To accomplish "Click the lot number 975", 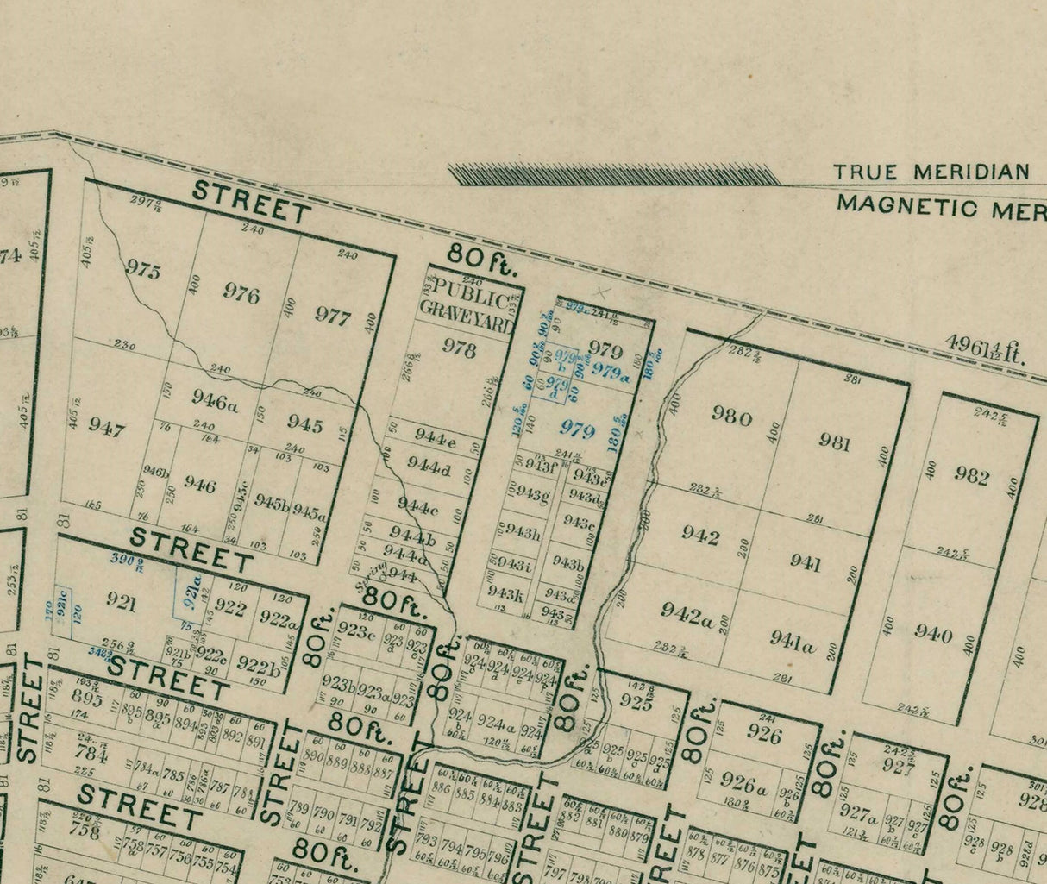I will point(143,271).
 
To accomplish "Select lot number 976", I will point(241,294).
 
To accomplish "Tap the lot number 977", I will point(333,317).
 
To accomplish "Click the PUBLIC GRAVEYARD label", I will point(467,305).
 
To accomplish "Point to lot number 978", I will point(459,348).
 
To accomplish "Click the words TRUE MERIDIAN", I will point(931,172).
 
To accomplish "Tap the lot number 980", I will point(731,415).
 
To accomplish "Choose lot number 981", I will point(835,442).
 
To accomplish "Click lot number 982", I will point(971,475).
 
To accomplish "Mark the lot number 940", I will point(933,635).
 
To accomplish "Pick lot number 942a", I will point(687,613).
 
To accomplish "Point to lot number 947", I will point(107,429).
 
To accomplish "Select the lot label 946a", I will point(214,400).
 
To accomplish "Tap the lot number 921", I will point(121,602).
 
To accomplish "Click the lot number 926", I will point(764,735).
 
